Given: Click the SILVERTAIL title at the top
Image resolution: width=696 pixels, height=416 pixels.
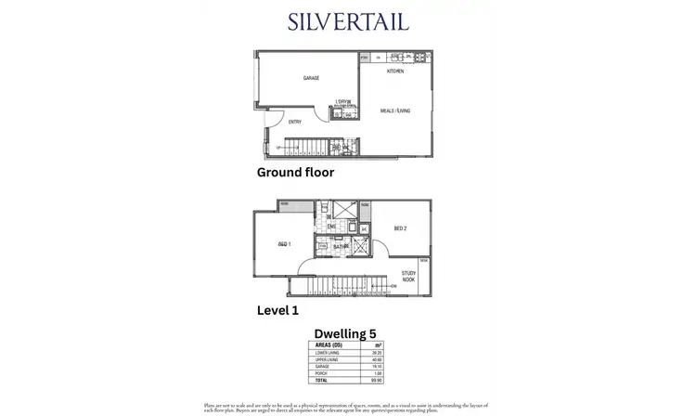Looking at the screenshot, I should click(348, 22).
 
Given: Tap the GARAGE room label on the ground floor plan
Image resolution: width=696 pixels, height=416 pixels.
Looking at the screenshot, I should click(311, 79).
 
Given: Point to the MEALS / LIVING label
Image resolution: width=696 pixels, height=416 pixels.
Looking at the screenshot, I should click(395, 110).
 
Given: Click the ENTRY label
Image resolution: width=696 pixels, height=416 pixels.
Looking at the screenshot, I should click(295, 122).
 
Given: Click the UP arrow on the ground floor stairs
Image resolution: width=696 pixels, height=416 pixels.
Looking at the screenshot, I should click(279, 149).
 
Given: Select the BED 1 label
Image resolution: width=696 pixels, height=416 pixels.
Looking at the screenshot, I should click(284, 244).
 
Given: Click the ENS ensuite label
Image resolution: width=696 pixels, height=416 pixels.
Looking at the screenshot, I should click(330, 226).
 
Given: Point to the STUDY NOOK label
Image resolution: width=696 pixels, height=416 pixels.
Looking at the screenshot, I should click(408, 276).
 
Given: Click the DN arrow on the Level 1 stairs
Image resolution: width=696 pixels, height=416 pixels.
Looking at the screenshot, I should click(393, 287).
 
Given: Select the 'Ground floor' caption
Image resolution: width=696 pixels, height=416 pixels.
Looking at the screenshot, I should click(294, 173).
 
